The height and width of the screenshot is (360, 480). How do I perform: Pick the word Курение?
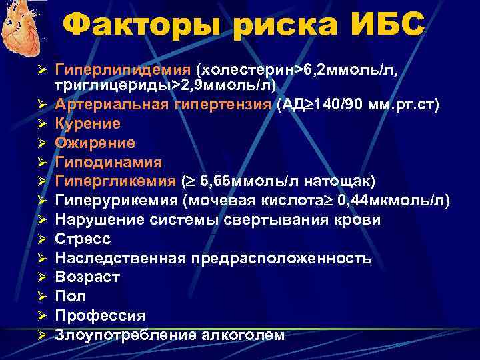pyautogui.click(x=88, y=124)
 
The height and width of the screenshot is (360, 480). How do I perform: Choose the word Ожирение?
pyautogui.click(x=95, y=143)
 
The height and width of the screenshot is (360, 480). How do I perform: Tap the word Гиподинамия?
pyautogui.click(x=109, y=162)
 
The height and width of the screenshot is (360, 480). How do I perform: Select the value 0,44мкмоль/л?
pyautogui.click(x=394, y=201)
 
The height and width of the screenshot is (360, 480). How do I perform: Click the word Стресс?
pyautogui.click(x=83, y=239)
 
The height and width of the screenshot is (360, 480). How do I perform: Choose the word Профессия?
pyautogui.click(x=100, y=315)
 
